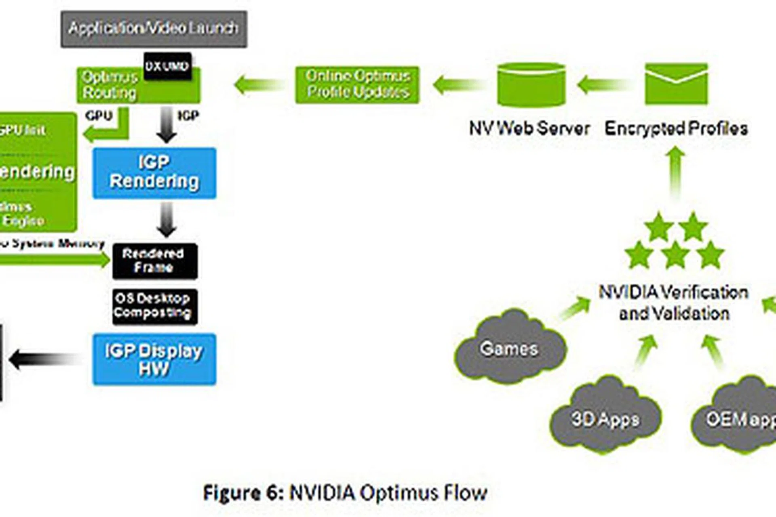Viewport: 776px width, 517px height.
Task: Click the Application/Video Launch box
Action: coord(154,29)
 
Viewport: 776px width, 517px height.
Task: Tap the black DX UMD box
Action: coord(167,66)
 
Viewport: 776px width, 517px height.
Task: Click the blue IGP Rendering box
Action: coord(154,173)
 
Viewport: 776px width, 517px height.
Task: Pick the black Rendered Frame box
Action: coord(155,261)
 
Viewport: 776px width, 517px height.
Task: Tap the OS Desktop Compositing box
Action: coord(155,306)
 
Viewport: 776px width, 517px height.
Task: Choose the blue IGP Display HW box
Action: coord(154,359)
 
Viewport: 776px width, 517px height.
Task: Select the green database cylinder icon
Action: coord(531,85)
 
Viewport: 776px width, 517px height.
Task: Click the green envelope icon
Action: coord(676,84)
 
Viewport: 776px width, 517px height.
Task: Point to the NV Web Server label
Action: coord(529,128)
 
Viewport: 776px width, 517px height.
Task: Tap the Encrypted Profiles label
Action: coord(676,128)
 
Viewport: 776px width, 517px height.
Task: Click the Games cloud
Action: coord(510,349)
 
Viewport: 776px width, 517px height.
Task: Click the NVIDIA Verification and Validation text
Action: coord(673,303)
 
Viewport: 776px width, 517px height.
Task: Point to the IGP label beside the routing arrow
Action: coord(188,116)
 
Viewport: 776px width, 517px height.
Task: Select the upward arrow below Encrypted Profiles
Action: coord(676,172)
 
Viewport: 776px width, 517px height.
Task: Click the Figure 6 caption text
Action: coord(345,493)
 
